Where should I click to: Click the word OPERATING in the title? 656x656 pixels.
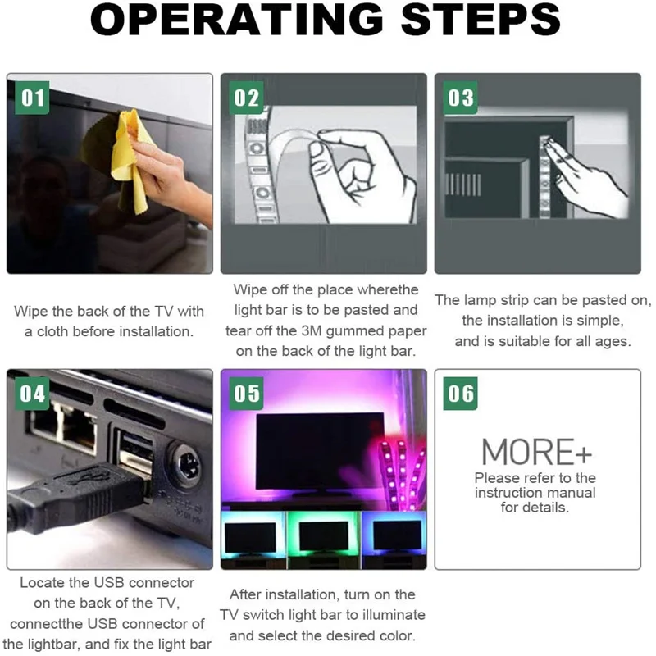point(236,20)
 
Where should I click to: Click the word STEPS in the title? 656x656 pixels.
point(481,20)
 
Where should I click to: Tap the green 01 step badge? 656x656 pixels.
point(32,98)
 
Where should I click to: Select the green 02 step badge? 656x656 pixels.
point(247,98)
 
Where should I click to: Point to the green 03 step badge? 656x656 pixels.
point(460,98)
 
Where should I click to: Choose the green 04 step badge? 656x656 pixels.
point(32,394)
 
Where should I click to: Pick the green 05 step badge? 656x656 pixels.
point(247,394)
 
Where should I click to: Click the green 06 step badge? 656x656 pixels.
point(460,394)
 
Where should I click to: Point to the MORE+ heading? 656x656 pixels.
point(537,452)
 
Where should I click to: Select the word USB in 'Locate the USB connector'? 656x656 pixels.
point(107,583)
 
